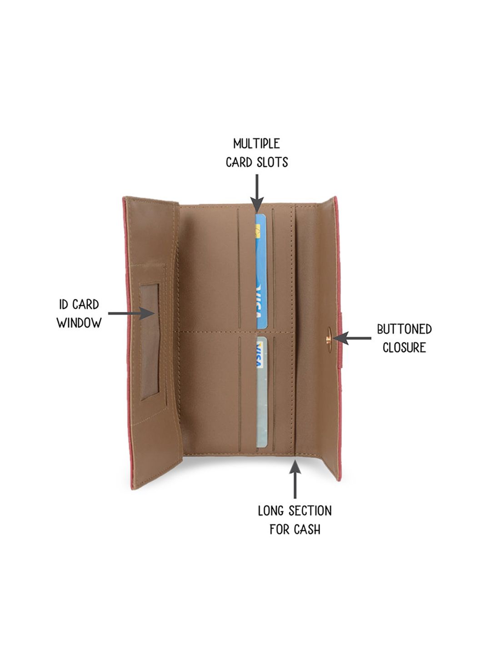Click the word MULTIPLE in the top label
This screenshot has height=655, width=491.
(x=256, y=144)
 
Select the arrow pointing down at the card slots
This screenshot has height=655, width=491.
(x=257, y=194)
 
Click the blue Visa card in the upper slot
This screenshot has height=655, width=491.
(x=261, y=271)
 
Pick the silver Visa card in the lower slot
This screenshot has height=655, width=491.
(x=261, y=392)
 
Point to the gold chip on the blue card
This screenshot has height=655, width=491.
(x=258, y=231)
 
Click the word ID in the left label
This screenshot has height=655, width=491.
(x=64, y=305)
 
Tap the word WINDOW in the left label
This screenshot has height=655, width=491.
(x=79, y=322)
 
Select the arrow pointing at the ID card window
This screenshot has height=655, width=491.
(x=131, y=313)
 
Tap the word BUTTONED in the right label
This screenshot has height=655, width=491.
(x=404, y=329)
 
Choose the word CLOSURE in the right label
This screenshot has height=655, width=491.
(x=404, y=348)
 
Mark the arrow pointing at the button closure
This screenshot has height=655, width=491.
(x=352, y=338)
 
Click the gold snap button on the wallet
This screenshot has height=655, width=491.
(x=329, y=340)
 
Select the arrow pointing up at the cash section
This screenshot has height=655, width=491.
(x=295, y=479)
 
